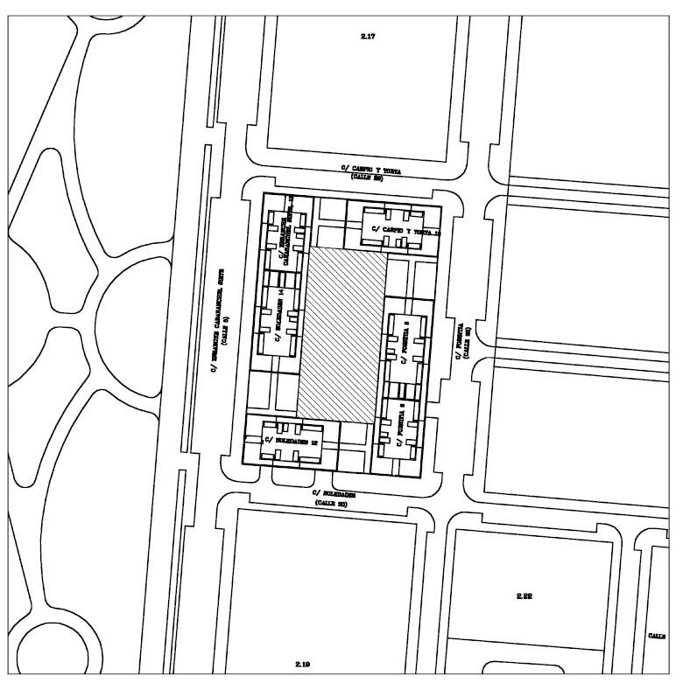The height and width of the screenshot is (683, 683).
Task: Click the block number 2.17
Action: pos(368,36)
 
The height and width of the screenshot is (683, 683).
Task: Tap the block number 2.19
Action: pos(303,665)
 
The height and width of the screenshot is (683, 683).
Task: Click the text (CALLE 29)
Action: pos(368,177)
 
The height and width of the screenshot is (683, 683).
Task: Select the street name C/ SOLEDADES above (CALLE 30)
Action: pos(333,494)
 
